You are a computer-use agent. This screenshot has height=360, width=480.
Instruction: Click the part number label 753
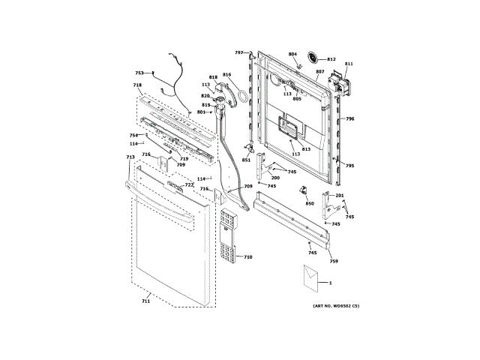[139, 73]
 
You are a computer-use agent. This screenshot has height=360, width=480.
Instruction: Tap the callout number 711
[145, 301]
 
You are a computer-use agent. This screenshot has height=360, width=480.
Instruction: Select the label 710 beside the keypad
[248, 257]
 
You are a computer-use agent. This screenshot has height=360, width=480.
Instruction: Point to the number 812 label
[331, 59]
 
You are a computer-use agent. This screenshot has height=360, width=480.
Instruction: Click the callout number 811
[349, 64]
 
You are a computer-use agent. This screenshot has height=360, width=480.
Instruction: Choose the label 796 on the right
[349, 119]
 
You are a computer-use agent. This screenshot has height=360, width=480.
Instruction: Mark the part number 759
[334, 261]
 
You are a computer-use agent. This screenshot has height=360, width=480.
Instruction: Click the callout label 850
[309, 203]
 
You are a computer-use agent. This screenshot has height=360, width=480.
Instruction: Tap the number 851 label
[246, 160]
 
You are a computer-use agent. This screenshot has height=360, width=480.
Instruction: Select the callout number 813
[306, 149]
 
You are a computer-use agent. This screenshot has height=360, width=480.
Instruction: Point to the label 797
[238, 52]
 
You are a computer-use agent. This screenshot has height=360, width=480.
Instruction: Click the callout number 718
[137, 85]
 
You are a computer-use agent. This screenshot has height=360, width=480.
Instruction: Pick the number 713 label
[130, 157]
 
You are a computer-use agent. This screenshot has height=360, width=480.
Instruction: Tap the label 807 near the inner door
[319, 72]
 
